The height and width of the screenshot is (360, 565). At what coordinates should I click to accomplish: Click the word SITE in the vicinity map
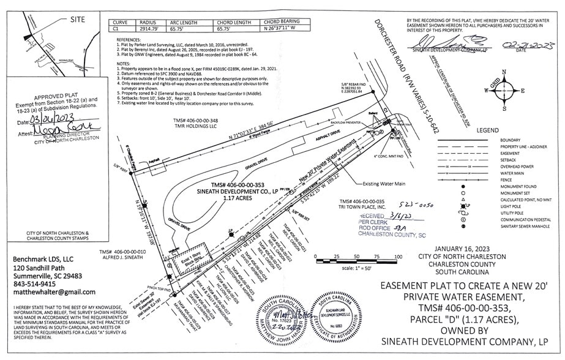(78, 20)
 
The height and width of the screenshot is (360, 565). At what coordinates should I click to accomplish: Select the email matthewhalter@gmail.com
(56, 292)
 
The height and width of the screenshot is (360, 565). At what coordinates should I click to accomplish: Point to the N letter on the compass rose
(504, 72)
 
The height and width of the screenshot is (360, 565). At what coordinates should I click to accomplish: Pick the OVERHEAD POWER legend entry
(517, 166)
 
